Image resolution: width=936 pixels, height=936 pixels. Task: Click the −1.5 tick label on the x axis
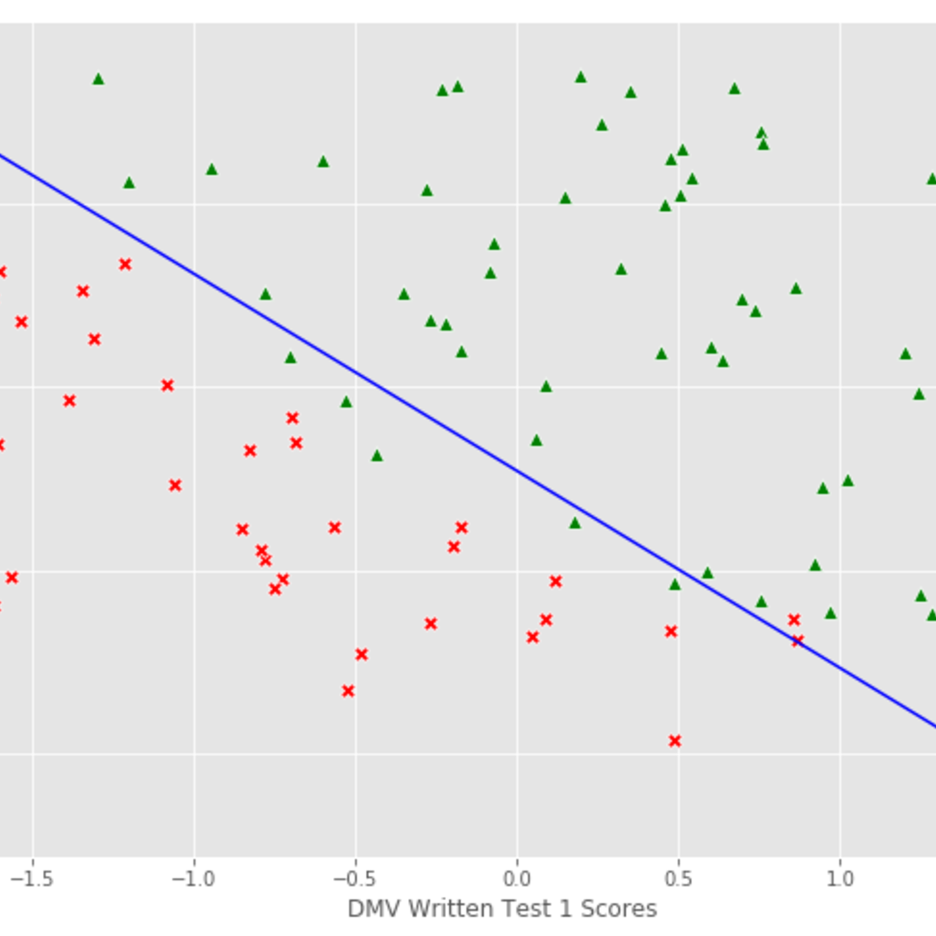tap(32, 879)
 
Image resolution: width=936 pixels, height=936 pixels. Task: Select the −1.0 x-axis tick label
tap(193, 879)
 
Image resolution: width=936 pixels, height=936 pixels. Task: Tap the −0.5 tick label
tap(355, 879)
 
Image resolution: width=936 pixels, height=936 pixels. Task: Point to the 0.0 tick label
tap(516, 879)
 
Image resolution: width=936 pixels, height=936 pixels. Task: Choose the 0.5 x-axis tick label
tap(678, 879)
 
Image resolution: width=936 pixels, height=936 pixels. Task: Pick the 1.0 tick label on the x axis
tap(839, 879)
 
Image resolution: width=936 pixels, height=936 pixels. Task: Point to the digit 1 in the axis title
tap(565, 909)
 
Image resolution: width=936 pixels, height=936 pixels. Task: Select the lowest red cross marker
tap(675, 740)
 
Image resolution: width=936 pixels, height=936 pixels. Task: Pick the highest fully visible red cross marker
tap(125, 264)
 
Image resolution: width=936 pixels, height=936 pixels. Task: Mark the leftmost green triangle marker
tap(98, 79)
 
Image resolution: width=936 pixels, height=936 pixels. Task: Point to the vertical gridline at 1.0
tap(840, 312)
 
